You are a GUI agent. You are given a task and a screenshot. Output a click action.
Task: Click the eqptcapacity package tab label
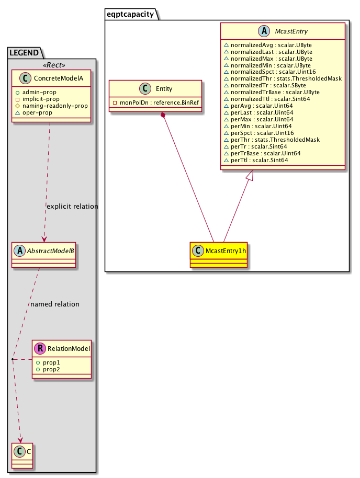click(131, 15)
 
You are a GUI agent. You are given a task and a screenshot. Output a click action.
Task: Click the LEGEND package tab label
click(24, 52)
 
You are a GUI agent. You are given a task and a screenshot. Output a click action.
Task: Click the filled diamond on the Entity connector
click(164, 115)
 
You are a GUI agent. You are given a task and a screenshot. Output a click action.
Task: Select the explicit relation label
click(72, 206)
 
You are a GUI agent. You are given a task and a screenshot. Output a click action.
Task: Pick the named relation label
click(55, 304)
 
